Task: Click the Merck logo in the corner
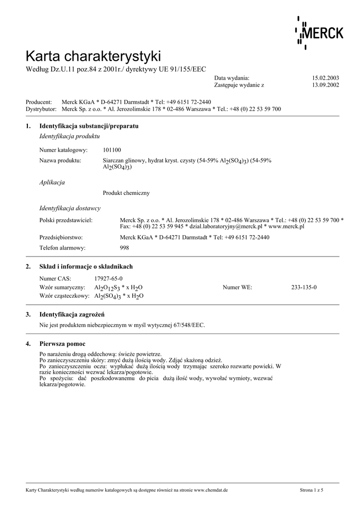pos(319,33)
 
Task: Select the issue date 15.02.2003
pos(325,78)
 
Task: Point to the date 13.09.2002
pos(325,85)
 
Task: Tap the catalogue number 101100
pos(112,150)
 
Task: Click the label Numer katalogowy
pos(64,150)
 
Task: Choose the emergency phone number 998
pos(125,248)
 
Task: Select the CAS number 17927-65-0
pos(108,279)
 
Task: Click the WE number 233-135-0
pos(304,287)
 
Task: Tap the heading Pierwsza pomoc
pos(62,344)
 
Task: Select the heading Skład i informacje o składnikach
pos(86,267)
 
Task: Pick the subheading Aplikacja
pos(52,182)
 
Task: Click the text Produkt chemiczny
pos(126,193)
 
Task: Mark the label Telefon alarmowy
pos(62,248)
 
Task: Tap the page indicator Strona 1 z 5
pos(318,490)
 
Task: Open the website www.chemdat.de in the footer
pos(210,490)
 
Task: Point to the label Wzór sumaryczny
pos(64,287)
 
